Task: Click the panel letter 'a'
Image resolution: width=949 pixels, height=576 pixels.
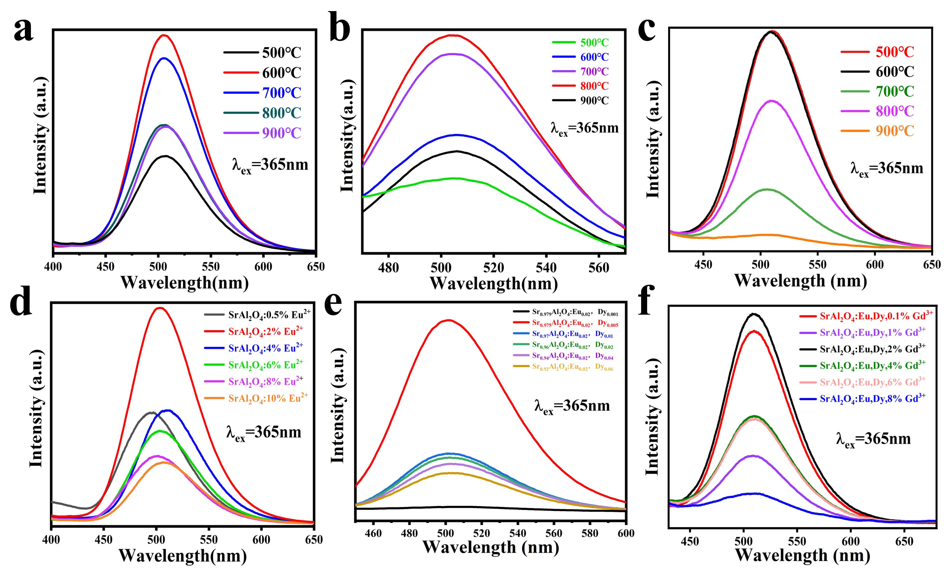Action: pyautogui.click(x=24, y=30)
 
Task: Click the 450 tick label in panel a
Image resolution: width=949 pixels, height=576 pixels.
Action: pyautogui.click(x=105, y=267)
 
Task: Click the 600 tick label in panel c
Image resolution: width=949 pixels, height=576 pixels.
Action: pyautogui.click(x=875, y=265)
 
